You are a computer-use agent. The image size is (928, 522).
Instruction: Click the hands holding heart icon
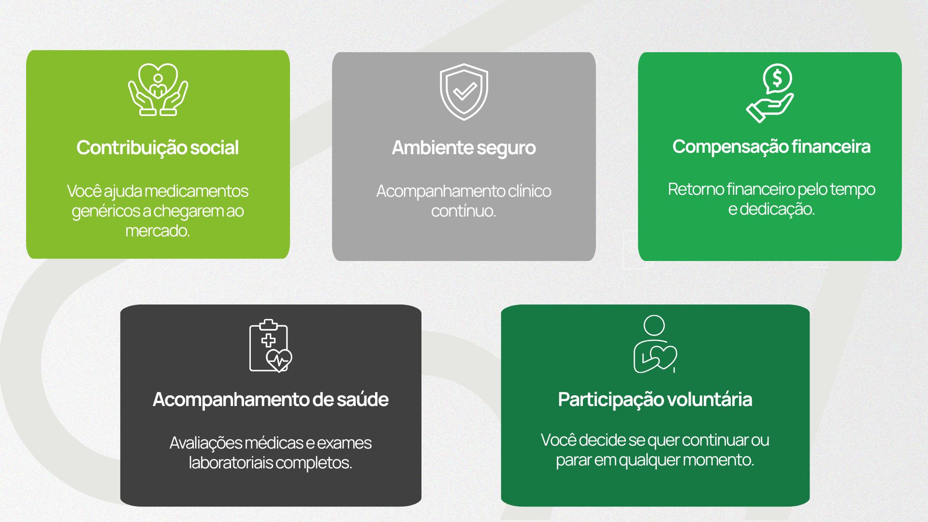(x=158, y=90)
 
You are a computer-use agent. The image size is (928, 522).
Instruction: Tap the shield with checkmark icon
(x=464, y=92)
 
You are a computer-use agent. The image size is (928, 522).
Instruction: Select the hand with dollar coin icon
(x=770, y=93)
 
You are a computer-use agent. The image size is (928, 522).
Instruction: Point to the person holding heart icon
(x=655, y=345)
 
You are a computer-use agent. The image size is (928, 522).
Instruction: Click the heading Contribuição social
(x=158, y=147)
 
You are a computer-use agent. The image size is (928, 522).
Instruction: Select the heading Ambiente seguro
(x=464, y=147)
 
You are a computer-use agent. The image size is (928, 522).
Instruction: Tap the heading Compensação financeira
(x=771, y=146)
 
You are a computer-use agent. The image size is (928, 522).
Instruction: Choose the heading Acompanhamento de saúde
(x=271, y=399)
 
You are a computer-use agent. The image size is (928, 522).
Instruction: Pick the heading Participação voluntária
(x=655, y=399)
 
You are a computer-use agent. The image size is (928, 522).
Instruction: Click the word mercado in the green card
(x=157, y=231)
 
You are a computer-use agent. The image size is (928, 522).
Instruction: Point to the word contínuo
(x=464, y=211)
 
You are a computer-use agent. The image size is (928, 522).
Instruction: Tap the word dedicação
(x=777, y=209)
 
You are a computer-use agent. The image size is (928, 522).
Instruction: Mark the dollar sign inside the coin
(x=777, y=77)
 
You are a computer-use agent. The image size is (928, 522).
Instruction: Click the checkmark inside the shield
(x=465, y=91)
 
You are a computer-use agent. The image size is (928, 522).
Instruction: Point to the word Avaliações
(x=205, y=443)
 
